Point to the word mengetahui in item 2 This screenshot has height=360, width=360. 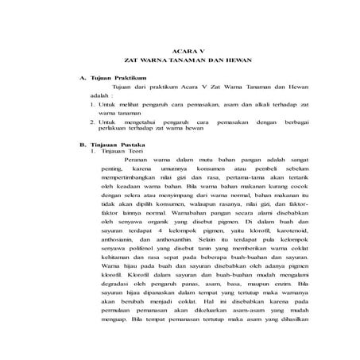(139, 122)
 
